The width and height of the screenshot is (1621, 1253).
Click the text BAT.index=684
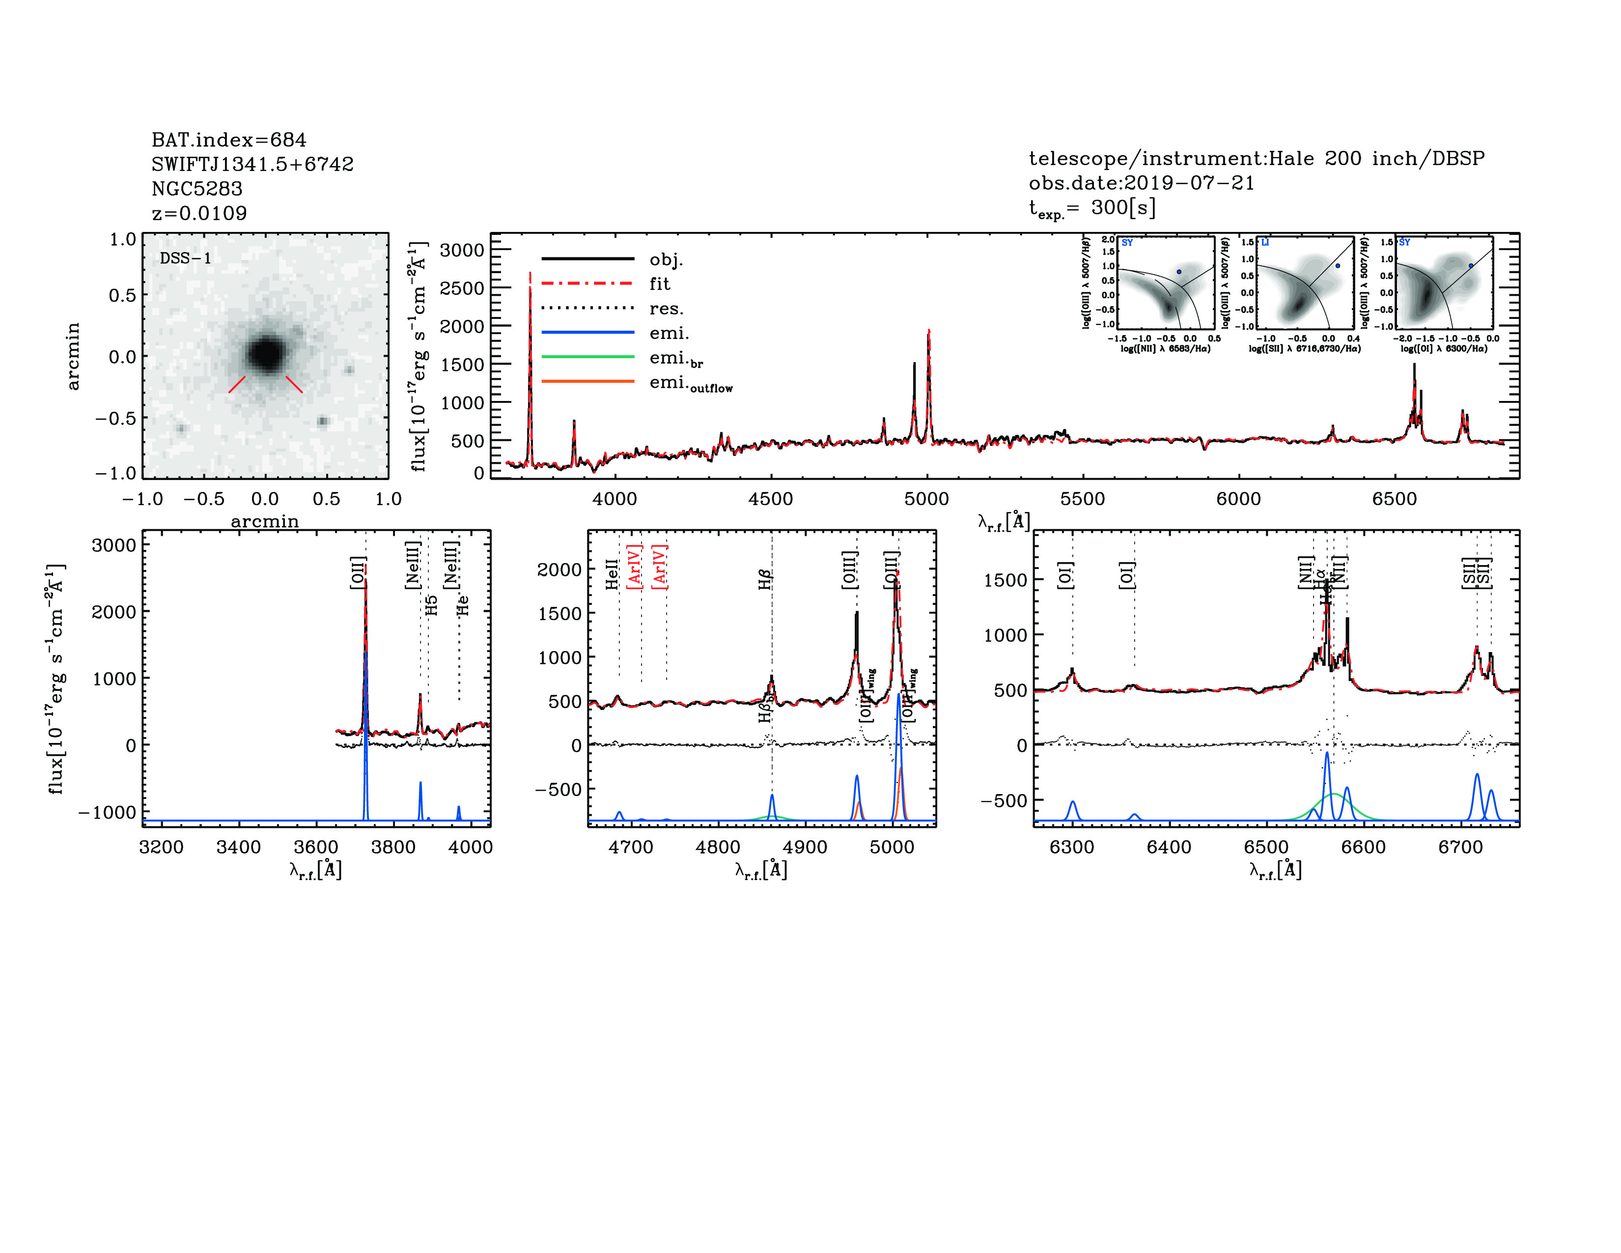pyautogui.click(x=228, y=140)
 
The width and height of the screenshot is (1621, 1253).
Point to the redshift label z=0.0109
pyautogui.click(x=199, y=213)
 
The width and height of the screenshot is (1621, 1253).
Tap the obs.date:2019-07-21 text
pyautogui.click(x=1141, y=183)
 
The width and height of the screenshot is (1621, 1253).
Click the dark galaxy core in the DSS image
pyautogui.click(x=265, y=353)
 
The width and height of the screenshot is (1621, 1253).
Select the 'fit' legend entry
pyautogui.click(x=659, y=284)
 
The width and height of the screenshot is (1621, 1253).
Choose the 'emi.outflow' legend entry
pyautogui.click(x=690, y=383)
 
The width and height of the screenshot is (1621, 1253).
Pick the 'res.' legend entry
pyautogui.click(x=666, y=309)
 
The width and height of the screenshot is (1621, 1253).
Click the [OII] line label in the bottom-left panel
pyautogui.click(x=358, y=572)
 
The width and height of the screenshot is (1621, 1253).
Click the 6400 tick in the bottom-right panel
pyautogui.click(x=1169, y=847)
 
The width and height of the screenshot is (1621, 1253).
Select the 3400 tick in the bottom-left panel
pyautogui.click(x=238, y=847)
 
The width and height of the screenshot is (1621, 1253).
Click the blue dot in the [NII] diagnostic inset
pyautogui.click(x=1178, y=272)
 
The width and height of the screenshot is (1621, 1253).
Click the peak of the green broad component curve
pyautogui.click(x=1334, y=794)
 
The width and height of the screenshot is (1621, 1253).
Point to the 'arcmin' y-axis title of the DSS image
pyautogui.click(x=73, y=356)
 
